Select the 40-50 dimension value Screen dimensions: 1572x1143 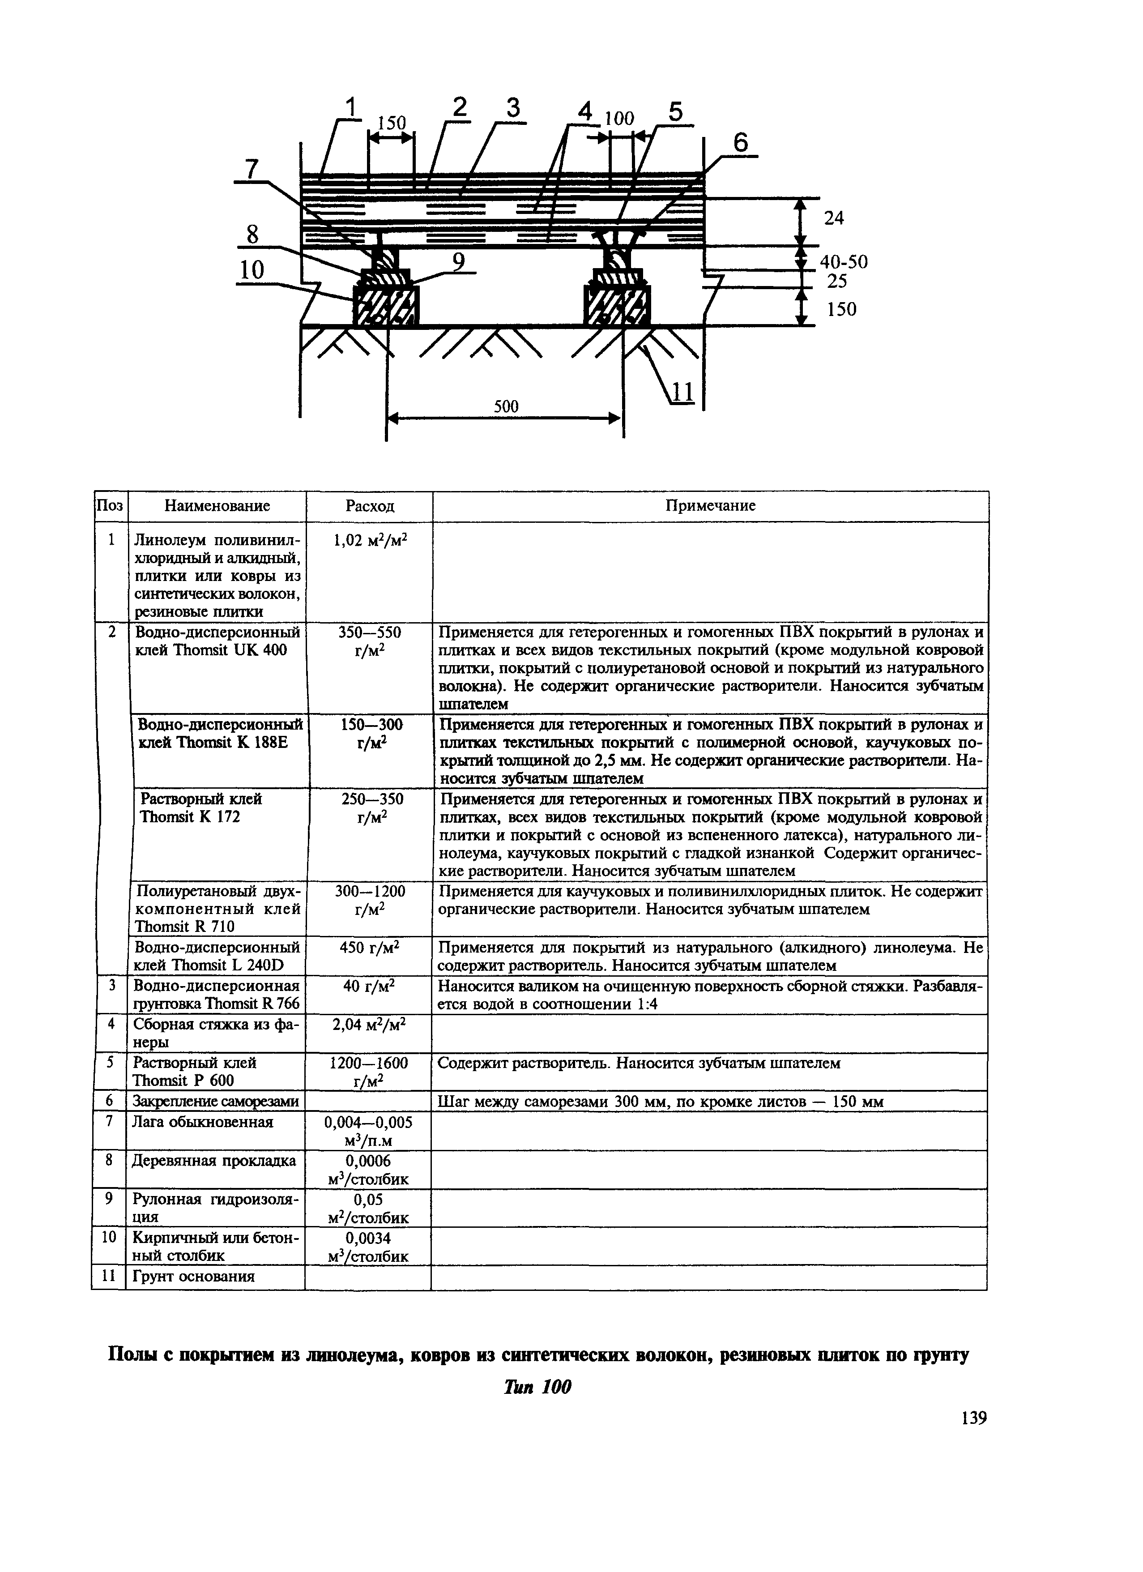[843, 262]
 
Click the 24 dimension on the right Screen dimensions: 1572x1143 [834, 218]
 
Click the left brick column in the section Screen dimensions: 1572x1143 [387, 306]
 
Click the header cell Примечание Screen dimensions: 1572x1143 [710, 506]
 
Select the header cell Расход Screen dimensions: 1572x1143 [370, 506]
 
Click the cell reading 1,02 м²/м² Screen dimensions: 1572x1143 [370, 541]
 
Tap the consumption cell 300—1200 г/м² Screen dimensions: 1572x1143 [370, 900]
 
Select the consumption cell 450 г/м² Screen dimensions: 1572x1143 [370, 947]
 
